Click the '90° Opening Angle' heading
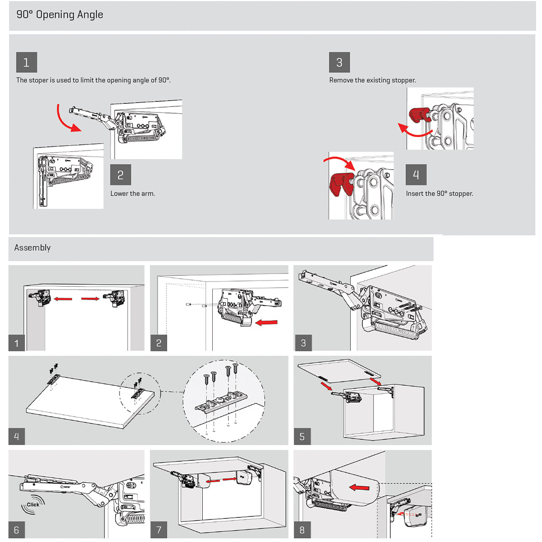pyautogui.click(x=60, y=15)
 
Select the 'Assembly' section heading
pyautogui.click(x=33, y=248)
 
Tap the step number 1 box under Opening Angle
pyautogui.click(x=27, y=63)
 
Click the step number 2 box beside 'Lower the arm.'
pyautogui.click(x=120, y=175)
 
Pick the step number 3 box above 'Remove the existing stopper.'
pyautogui.click(x=339, y=63)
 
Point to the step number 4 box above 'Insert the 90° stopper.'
pyautogui.click(x=416, y=175)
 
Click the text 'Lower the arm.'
pyautogui.click(x=132, y=194)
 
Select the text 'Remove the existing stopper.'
pyautogui.click(x=372, y=80)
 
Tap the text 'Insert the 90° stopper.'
pyautogui.click(x=439, y=194)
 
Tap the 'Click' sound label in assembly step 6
pyautogui.click(x=33, y=504)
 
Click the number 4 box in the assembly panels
pyautogui.click(x=17, y=436)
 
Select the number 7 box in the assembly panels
pyautogui.click(x=159, y=530)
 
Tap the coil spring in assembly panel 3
pyautogui.click(x=397, y=333)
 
